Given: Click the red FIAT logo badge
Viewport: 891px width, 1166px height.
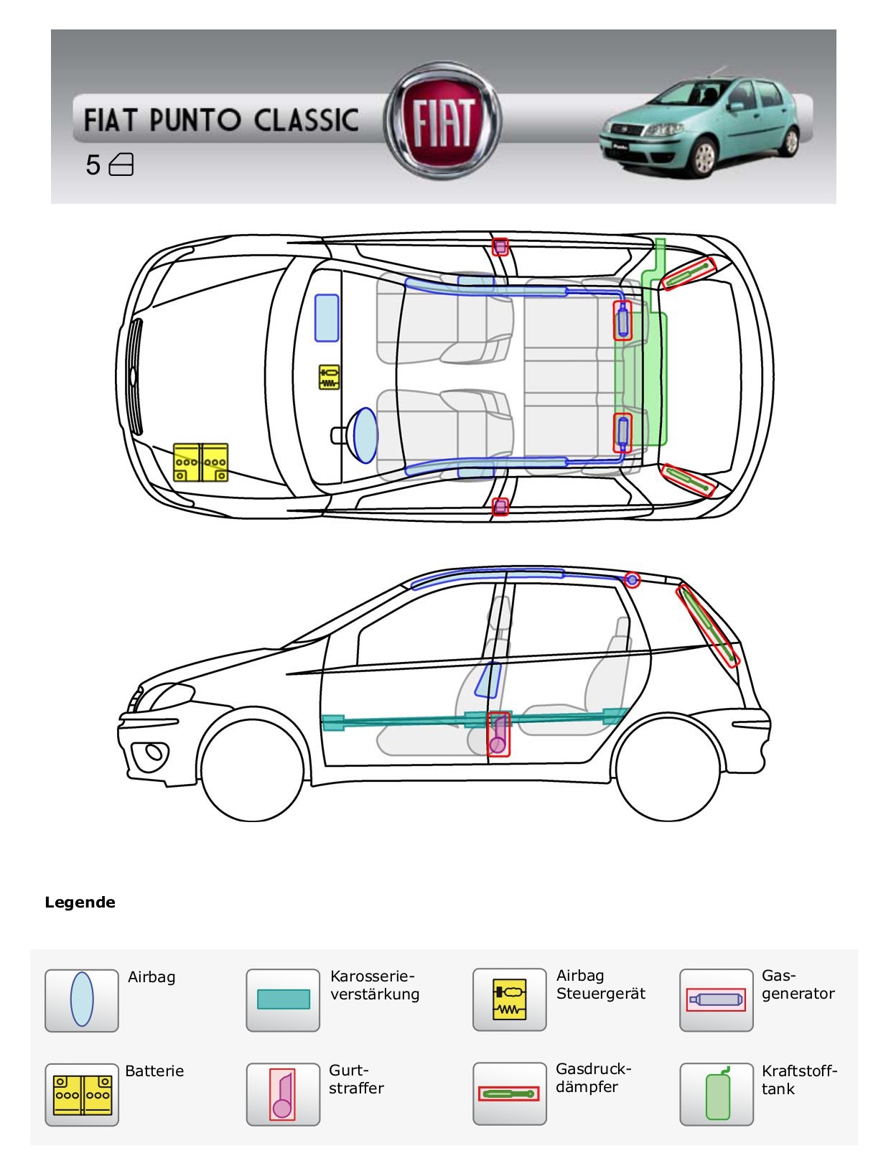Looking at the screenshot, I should coord(442,120).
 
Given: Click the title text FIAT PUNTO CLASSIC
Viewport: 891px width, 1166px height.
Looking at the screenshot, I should coord(221,120).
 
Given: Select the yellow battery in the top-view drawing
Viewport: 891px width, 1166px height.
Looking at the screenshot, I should coord(201,462).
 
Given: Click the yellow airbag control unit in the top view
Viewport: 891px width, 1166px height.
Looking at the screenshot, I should coord(329,377).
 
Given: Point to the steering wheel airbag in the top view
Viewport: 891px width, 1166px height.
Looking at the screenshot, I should coord(365,435).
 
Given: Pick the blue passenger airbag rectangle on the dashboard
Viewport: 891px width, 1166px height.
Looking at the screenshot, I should coord(327,317).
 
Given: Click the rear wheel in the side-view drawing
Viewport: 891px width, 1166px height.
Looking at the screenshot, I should coord(668,769).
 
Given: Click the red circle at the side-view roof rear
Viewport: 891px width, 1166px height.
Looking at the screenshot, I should coord(632,579).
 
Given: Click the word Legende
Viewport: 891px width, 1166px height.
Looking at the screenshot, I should coord(80,903).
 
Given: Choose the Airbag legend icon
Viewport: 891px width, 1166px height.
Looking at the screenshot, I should coord(82,1000).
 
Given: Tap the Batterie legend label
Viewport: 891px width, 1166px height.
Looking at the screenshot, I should coord(154,1071).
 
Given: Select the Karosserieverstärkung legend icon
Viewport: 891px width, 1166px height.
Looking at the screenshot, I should coord(283,999).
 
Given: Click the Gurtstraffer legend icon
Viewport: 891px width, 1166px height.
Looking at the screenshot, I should coord(283,1094).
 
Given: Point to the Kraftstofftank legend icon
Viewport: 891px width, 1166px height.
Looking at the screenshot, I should coord(717,1094).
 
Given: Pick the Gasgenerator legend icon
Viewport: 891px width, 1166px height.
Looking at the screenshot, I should coord(716,999).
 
